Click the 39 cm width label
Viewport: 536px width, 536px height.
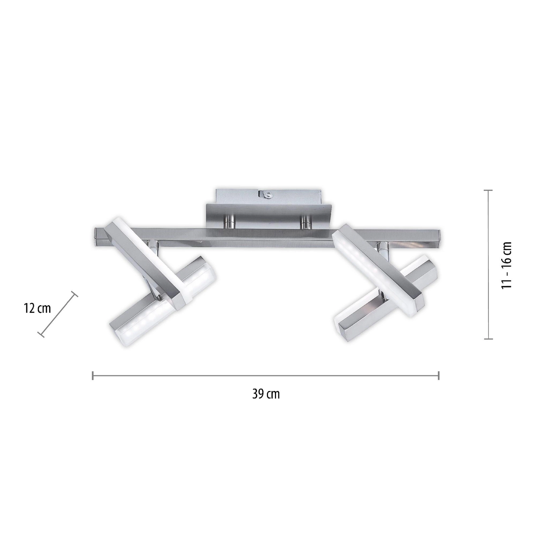coord(266,394)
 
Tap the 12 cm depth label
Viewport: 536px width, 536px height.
coord(37,308)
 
